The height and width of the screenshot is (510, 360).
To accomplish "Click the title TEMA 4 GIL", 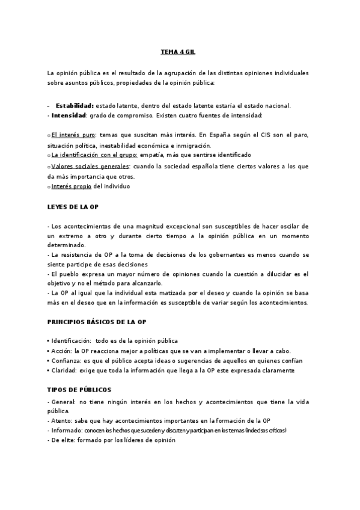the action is pos(179,52).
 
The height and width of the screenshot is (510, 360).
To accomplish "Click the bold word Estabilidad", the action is pos(75,105).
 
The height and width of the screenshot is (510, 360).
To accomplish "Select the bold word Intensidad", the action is pos(69,114).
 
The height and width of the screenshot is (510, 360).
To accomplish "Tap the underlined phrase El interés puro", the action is pos(73,136).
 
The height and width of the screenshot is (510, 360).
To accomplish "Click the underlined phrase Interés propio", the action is pos(72,186).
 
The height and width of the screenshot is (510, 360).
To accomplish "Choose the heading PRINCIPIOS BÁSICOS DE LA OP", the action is pos(97,321).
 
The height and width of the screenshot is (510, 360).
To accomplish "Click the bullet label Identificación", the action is pos(70,341).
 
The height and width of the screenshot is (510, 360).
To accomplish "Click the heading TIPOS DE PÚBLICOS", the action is pos(79,390).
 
